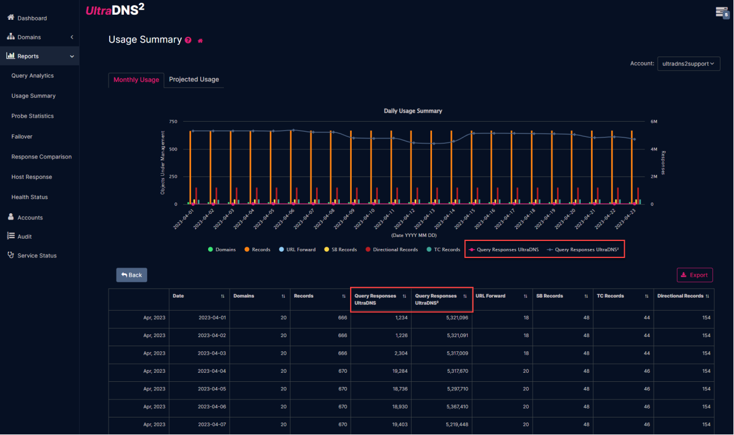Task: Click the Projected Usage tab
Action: click(193, 80)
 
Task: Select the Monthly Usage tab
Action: click(136, 80)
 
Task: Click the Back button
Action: click(132, 275)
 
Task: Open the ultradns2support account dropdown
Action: click(688, 64)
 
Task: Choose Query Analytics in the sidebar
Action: click(32, 76)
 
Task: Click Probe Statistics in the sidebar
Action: click(32, 116)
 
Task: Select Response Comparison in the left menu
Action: click(41, 157)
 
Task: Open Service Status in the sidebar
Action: click(37, 256)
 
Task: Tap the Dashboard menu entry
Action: click(32, 18)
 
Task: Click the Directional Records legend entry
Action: click(395, 249)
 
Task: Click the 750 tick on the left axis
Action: click(172, 122)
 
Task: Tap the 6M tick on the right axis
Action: click(654, 122)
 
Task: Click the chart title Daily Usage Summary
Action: click(413, 111)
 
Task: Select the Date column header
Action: click(179, 296)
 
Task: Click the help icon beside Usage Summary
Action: click(188, 40)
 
